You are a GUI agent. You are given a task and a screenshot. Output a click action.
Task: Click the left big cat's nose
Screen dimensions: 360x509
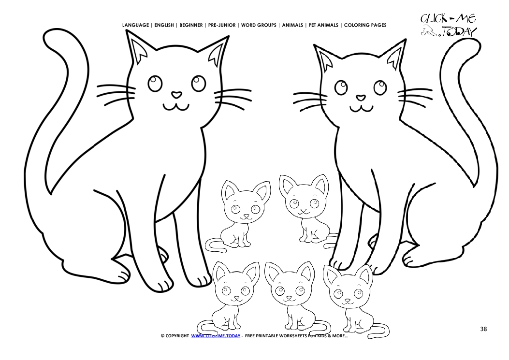click(x=177, y=94)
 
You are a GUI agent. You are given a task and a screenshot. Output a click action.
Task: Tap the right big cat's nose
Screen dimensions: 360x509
click(x=361, y=97)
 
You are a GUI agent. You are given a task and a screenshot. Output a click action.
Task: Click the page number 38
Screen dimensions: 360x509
click(x=483, y=329)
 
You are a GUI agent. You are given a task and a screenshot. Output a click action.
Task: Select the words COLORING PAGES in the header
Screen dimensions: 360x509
click(x=365, y=25)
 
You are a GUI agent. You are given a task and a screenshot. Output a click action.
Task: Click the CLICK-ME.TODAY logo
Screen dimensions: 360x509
click(x=448, y=25)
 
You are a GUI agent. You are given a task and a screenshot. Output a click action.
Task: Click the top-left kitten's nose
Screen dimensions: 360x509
click(x=246, y=216)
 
